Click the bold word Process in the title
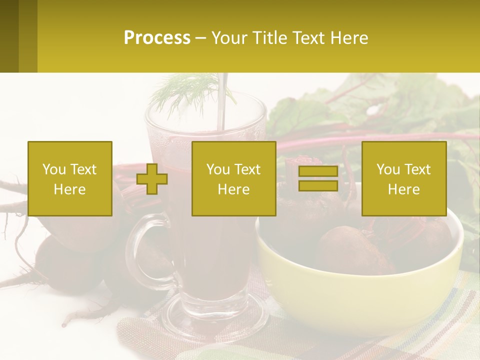click(157, 38)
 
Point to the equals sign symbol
click(318, 179)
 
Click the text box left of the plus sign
click(70, 179)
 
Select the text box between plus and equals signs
click(234, 179)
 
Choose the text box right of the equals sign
click(404, 179)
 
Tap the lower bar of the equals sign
click(318, 186)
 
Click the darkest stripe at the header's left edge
click(9, 36)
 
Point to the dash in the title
click(201, 38)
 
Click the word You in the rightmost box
click(388, 170)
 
